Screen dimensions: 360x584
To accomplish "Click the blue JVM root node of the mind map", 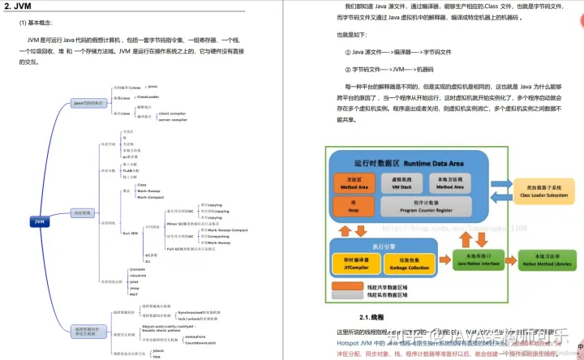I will click(x=40, y=221).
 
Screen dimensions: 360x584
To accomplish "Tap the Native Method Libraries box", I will click(x=542, y=259).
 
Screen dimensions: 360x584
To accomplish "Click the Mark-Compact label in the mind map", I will click(x=152, y=197).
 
